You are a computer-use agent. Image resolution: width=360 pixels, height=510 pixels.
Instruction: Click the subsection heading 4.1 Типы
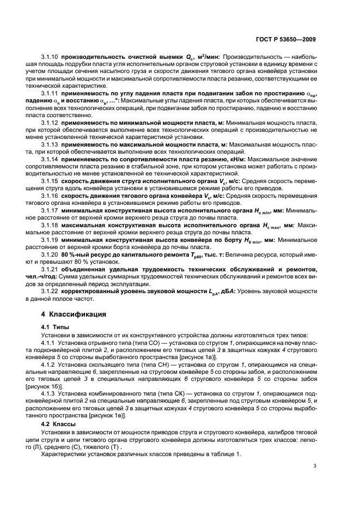(54, 326)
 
